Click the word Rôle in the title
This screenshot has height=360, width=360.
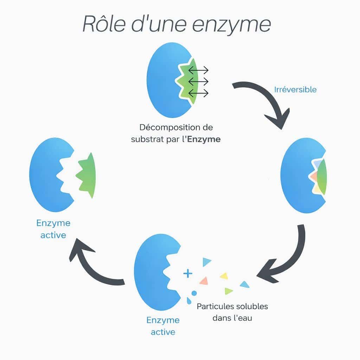(x=104, y=24)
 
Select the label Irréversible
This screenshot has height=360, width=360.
(x=295, y=90)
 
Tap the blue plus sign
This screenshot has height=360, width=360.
(x=188, y=273)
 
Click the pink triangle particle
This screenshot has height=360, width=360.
(x=204, y=280)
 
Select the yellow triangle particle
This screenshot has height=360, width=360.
(x=224, y=276)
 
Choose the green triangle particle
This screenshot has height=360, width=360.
(x=229, y=291)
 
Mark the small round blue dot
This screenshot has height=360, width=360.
(x=194, y=293)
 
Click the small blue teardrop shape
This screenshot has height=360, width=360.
(x=189, y=301)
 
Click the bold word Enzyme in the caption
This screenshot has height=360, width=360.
(x=204, y=139)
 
